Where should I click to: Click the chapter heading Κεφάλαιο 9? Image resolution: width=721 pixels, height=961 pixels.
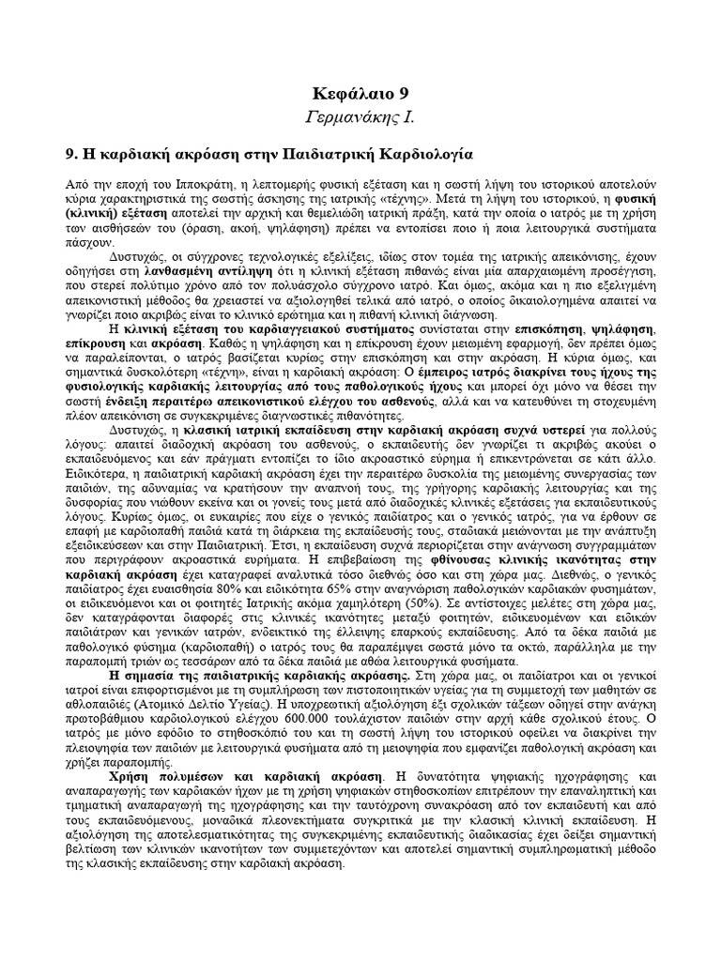[x=360, y=94]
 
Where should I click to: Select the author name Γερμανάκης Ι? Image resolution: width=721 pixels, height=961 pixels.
[x=360, y=117]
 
